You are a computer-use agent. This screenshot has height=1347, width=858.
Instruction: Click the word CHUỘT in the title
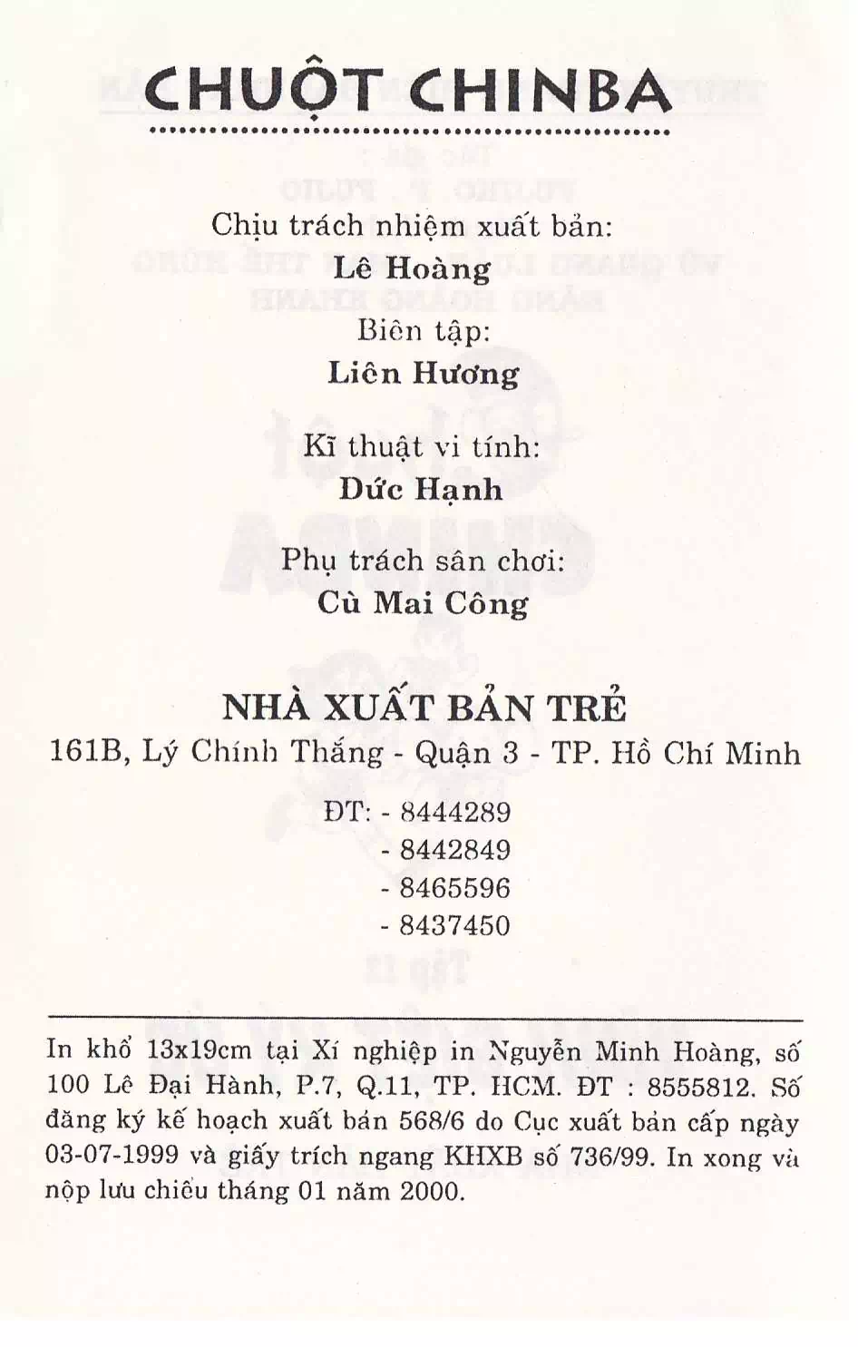coord(263,91)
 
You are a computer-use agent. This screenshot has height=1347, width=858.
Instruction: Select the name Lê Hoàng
coord(412,268)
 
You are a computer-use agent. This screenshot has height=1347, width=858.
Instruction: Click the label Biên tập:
coord(424,330)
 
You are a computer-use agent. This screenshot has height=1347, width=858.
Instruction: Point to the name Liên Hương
coord(424,374)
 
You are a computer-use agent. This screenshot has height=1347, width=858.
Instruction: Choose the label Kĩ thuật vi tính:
coord(422,446)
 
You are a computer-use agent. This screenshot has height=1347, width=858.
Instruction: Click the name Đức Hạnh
coord(421,490)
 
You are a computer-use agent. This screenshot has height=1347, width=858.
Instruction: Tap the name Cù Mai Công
coord(423,603)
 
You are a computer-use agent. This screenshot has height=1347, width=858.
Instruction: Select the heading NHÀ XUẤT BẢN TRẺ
coord(424,708)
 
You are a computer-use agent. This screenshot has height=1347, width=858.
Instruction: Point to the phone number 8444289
coord(455,812)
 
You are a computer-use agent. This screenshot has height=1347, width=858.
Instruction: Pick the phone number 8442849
coord(455,850)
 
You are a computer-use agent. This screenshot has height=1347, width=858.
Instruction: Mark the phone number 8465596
coord(455,888)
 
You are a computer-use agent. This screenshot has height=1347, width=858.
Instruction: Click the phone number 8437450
coord(455,926)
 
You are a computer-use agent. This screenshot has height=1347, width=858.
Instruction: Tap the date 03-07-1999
coord(112,1156)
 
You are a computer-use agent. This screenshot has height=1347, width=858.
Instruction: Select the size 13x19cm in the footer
coord(199,1050)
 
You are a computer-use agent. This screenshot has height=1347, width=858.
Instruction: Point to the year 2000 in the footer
coord(432,1190)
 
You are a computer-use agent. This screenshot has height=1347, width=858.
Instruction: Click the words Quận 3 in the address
coord(465,753)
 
